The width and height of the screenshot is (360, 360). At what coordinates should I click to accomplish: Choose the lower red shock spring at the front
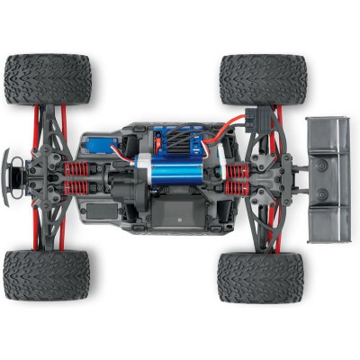(x=79, y=188)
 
